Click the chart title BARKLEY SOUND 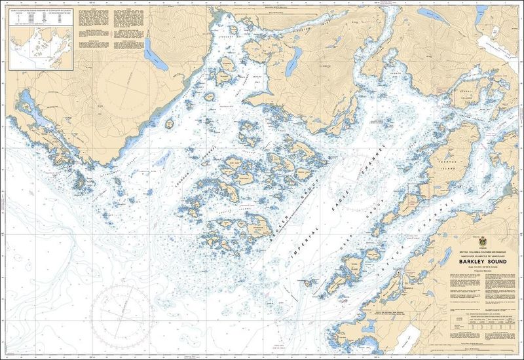[476, 260]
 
